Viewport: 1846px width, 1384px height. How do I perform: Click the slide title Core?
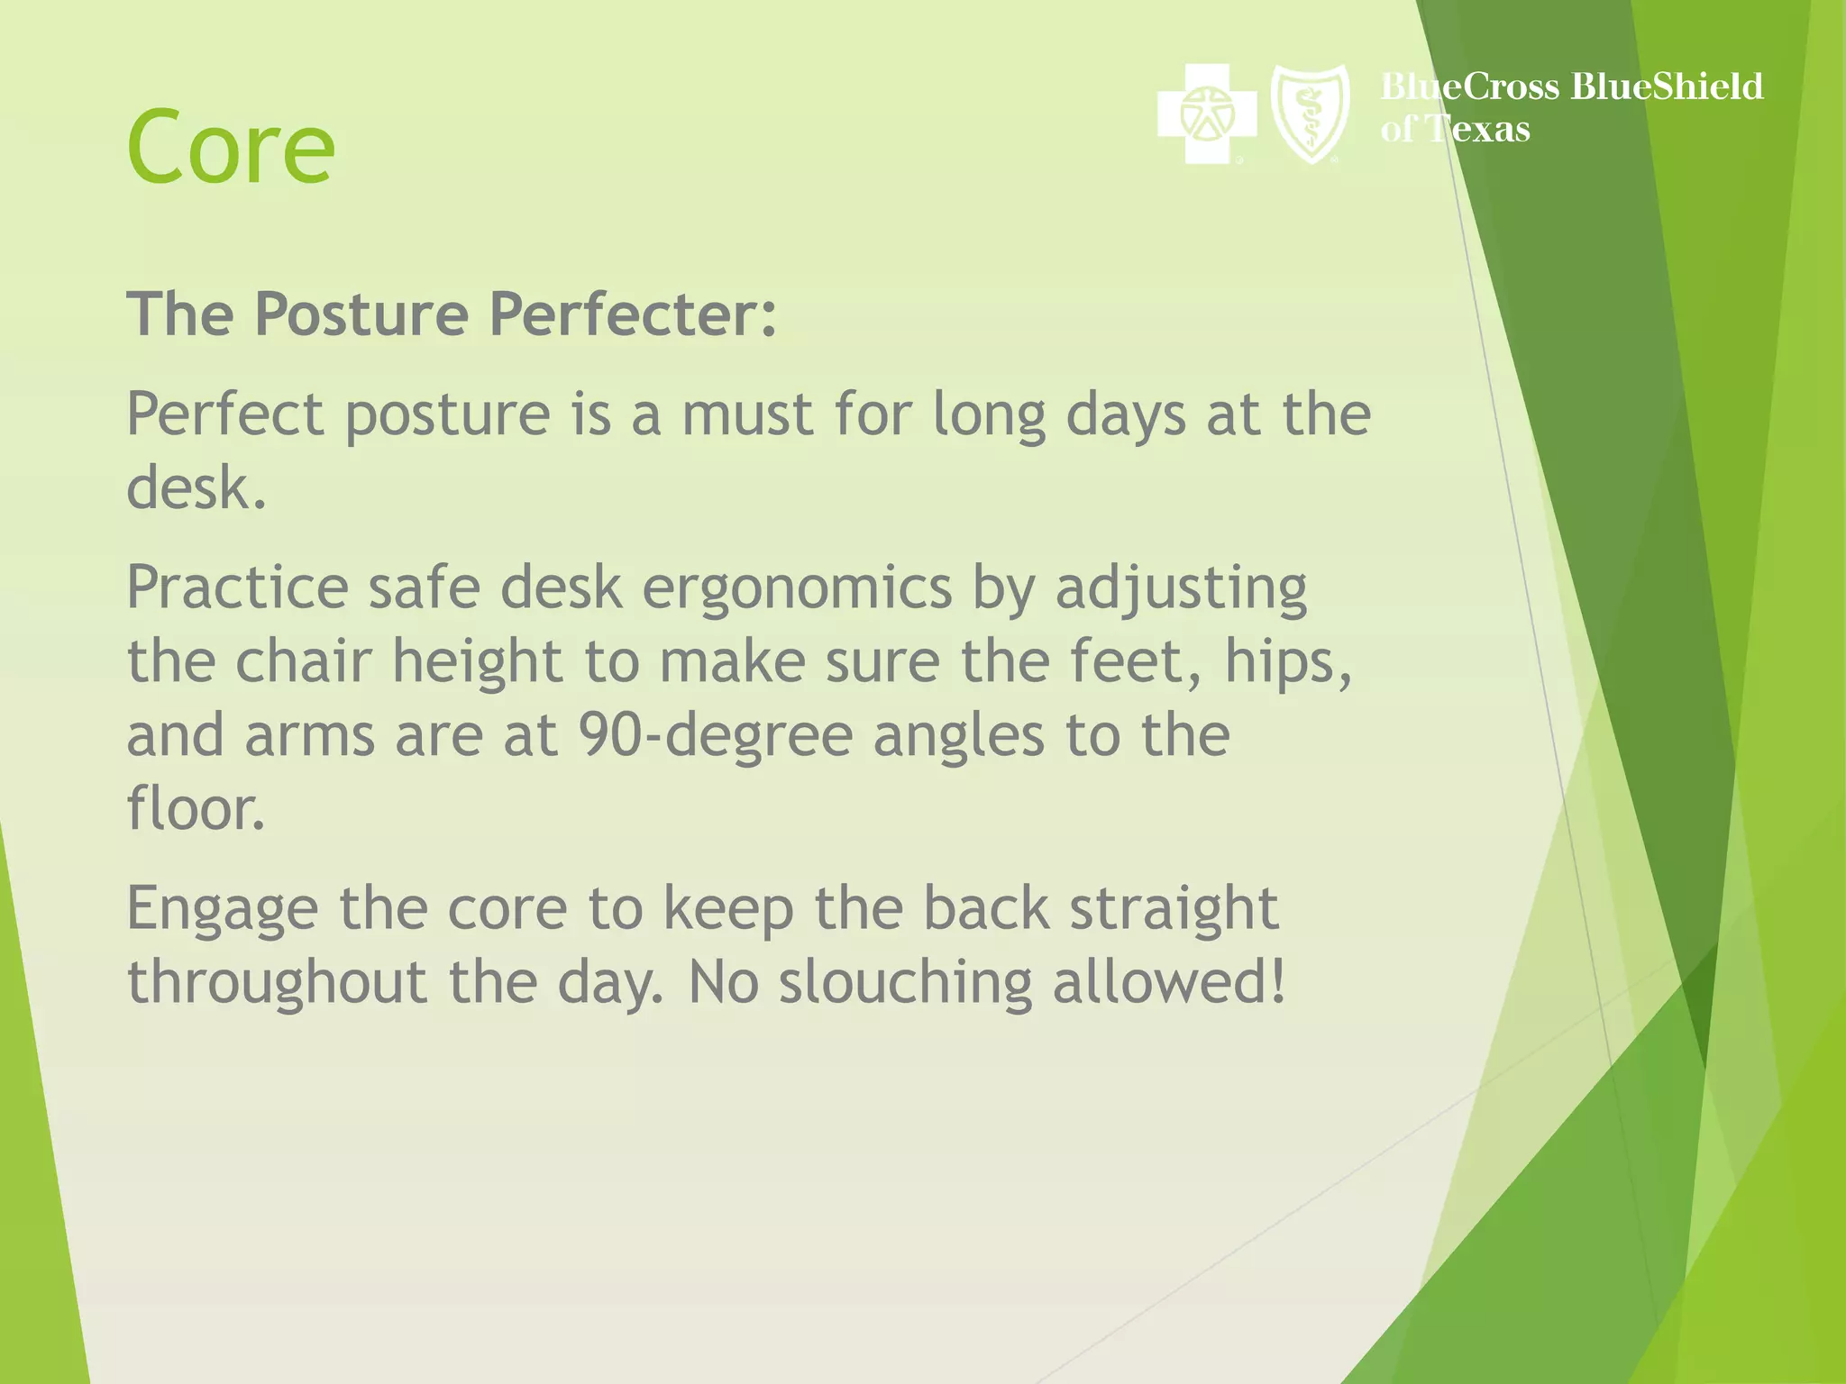click(231, 147)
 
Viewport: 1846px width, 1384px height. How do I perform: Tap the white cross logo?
click(1207, 114)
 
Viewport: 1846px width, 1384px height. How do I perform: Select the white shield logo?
click(1310, 114)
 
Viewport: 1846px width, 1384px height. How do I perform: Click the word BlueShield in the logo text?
click(1667, 86)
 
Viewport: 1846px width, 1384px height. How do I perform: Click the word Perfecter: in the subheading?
click(633, 314)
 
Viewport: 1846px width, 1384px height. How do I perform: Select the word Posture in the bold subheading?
click(361, 314)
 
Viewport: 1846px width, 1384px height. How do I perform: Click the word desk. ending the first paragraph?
click(196, 488)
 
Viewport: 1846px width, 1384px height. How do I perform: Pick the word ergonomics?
click(797, 588)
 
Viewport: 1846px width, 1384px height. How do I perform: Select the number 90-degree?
click(715, 736)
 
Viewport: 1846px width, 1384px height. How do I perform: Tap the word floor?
click(196, 809)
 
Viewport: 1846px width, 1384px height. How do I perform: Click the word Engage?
click(222, 910)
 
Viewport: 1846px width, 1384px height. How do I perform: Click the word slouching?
click(905, 983)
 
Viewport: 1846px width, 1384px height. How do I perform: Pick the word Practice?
click(237, 588)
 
